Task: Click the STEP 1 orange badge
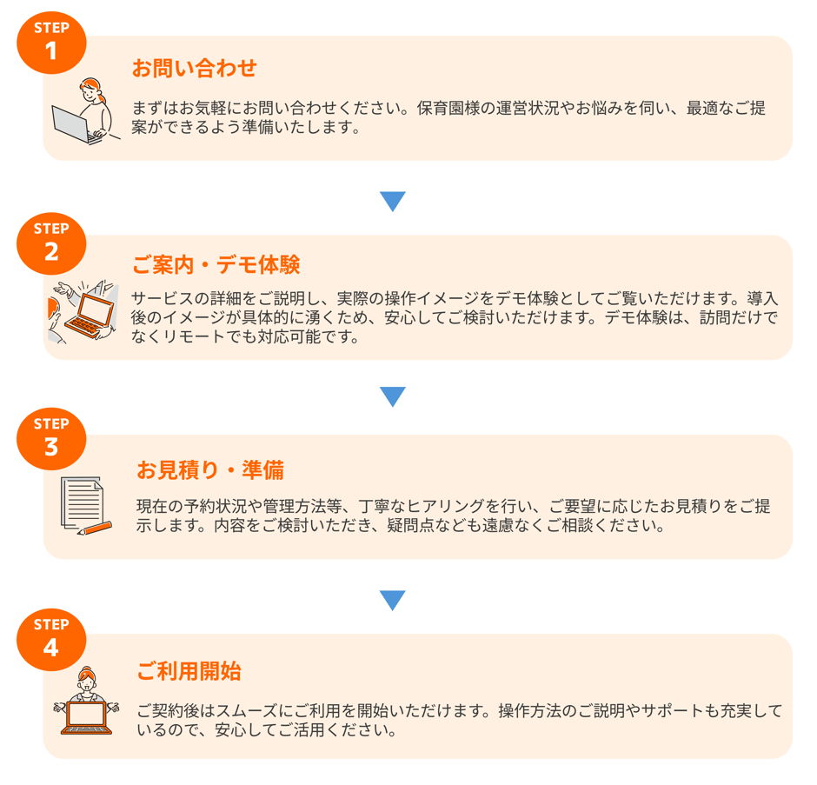point(51,43)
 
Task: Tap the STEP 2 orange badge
point(51,244)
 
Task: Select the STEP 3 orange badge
point(51,439)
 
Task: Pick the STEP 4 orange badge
point(51,640)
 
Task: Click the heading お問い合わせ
point(194,69)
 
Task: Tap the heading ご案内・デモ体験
point(216,265)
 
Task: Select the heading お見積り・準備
point(210,470)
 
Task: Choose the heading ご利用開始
point(189,671)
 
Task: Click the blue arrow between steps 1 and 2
point(393,201)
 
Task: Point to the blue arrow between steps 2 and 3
point(393,396)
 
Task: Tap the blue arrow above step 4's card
point(393,600)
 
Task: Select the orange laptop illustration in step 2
point(90,316)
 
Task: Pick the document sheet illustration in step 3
point(82,503)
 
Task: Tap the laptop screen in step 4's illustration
point(87,714)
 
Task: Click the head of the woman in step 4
point(87,678)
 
